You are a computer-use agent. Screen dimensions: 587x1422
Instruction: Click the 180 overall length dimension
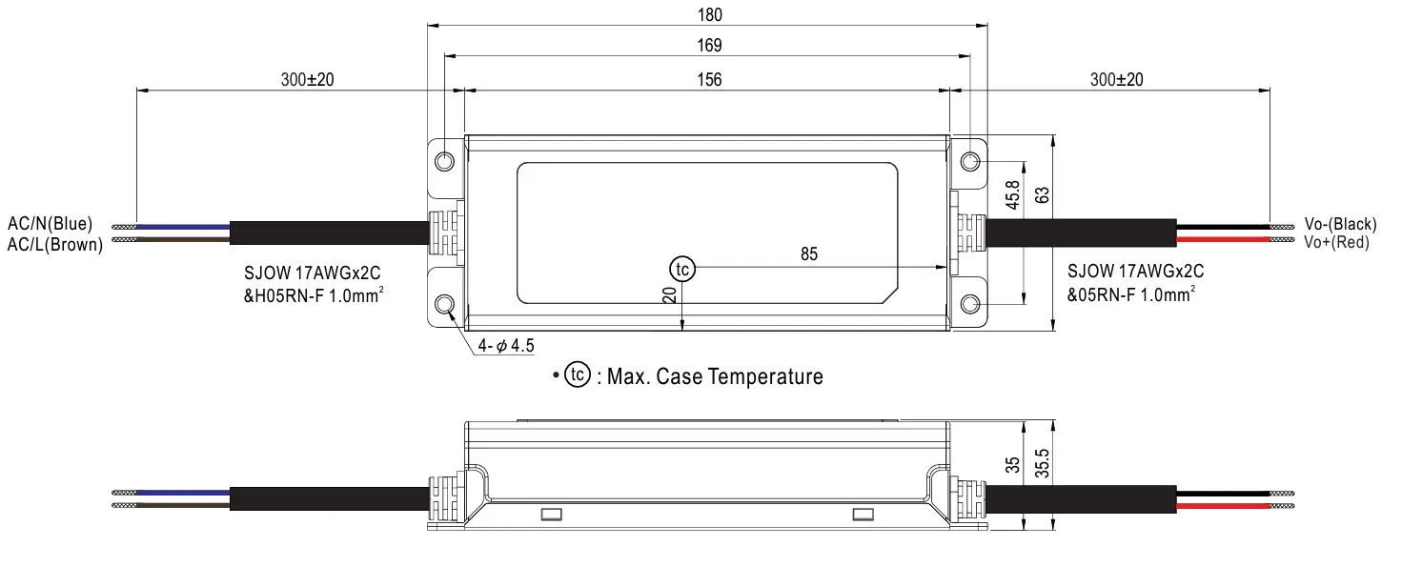click(x=709, y=14)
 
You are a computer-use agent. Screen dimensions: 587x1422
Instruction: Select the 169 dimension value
click(x=709, y=46)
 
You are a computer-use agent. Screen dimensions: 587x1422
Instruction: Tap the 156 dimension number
click(x=709, y=80)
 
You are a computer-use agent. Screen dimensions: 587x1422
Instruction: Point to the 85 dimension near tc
click(x=809, y=254)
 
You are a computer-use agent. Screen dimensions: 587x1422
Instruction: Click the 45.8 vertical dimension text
click(x=1013, y=196)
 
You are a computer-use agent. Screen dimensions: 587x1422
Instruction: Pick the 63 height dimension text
click(x=1042, y=194)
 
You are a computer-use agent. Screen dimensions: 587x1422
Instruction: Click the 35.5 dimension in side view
click(x=1043, y=464)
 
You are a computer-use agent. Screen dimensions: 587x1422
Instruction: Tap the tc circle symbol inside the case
click(x=682, y=270)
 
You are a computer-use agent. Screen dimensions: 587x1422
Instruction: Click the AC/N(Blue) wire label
click(x=51, y=225)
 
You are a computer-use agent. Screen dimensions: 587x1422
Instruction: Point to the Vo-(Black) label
click(x=1340, y=225)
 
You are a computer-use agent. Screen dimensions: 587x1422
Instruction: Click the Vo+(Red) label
click(x=1336, y=242)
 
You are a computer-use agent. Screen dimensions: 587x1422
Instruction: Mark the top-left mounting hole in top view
click(x=445, y=161)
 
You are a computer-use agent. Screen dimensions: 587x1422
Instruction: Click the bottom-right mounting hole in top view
click(x=969, y=304)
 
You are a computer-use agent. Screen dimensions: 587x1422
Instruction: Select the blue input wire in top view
click(x=181, y=227)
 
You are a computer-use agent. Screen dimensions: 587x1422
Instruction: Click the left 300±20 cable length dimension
click(x=307, y=80)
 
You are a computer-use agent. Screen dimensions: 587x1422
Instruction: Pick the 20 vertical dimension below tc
click(x=670, y=296)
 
